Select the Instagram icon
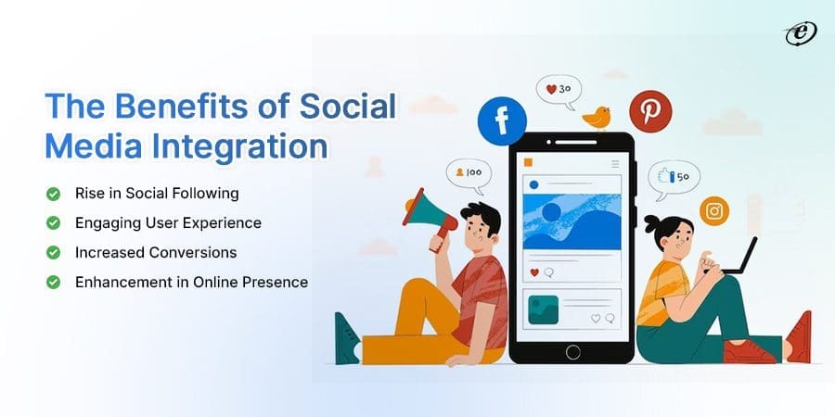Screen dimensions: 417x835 714,211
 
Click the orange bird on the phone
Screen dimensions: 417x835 596,117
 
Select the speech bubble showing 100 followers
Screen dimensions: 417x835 468,173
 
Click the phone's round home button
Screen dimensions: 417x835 572,352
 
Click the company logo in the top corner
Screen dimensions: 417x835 795,32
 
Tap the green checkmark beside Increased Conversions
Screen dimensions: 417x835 53,252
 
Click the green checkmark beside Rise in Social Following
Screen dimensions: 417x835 53,194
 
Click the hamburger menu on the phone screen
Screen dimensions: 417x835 613,163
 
